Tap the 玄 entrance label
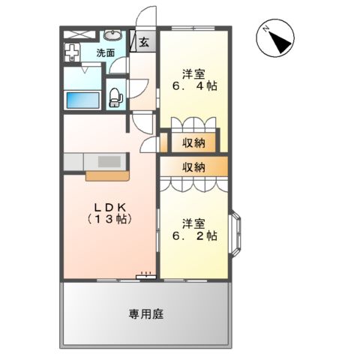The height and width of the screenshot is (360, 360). pos(143,42)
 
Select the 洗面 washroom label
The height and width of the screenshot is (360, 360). pos(106,52)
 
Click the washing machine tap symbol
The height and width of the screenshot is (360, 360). pos(71,55)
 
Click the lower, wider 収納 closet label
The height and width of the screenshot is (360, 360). pos(193,166)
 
